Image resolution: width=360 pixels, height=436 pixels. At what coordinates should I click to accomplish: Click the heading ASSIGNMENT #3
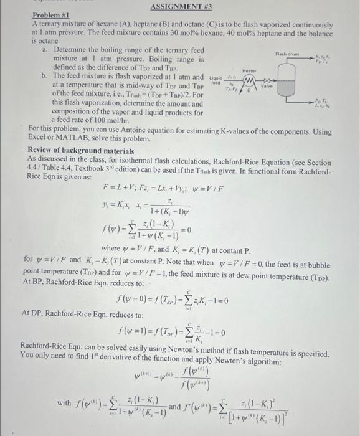179,6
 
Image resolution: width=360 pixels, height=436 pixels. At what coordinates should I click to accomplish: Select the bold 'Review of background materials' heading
81,151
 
